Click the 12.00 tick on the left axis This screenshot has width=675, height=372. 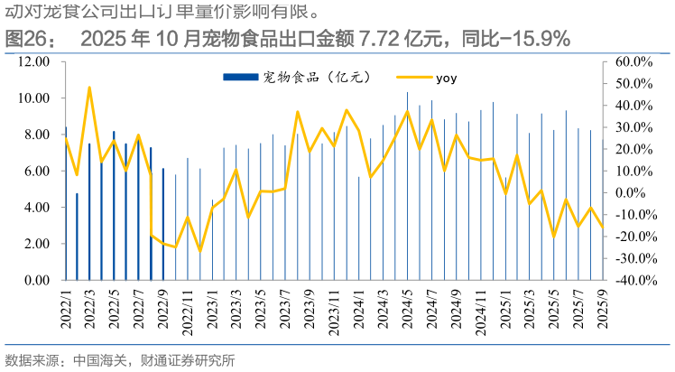click(x=33, y=61)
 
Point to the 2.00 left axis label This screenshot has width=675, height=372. click(x=36, y=244)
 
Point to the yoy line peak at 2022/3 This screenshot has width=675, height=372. click(x=89, y=88)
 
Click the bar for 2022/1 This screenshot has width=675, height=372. click(x=65, y=208)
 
